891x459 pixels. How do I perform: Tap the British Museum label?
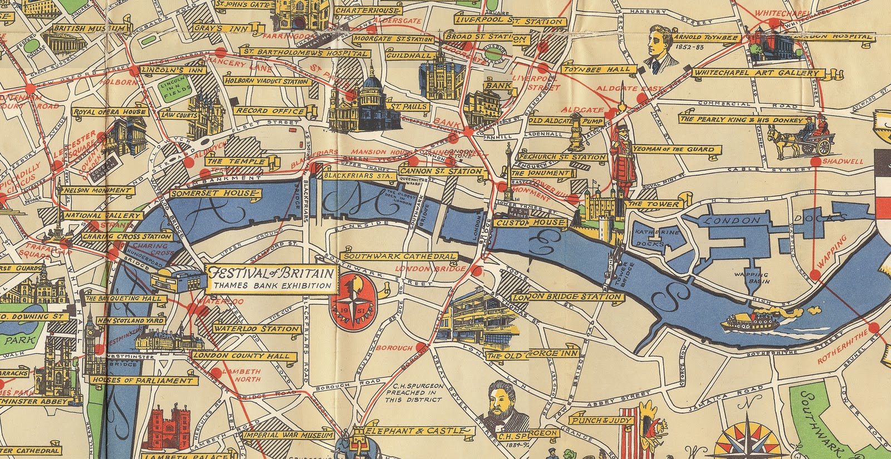pyautogui.click(x=90, y=28)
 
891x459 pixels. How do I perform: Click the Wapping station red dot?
pyautogui.click(x=815, y=274)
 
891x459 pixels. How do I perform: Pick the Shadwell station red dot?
pyautogui.click(x=816, y=162)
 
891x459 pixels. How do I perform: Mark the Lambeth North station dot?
pyautogui.click(x=216, y=372)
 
